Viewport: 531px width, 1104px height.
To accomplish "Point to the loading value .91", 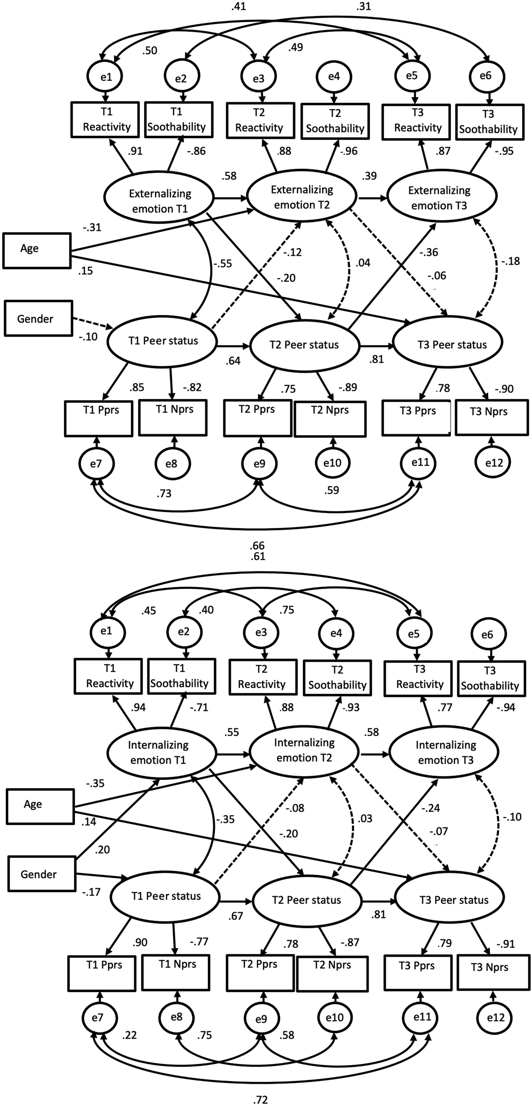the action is coord(135,151).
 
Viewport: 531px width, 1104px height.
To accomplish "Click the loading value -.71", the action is coord(199,707).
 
